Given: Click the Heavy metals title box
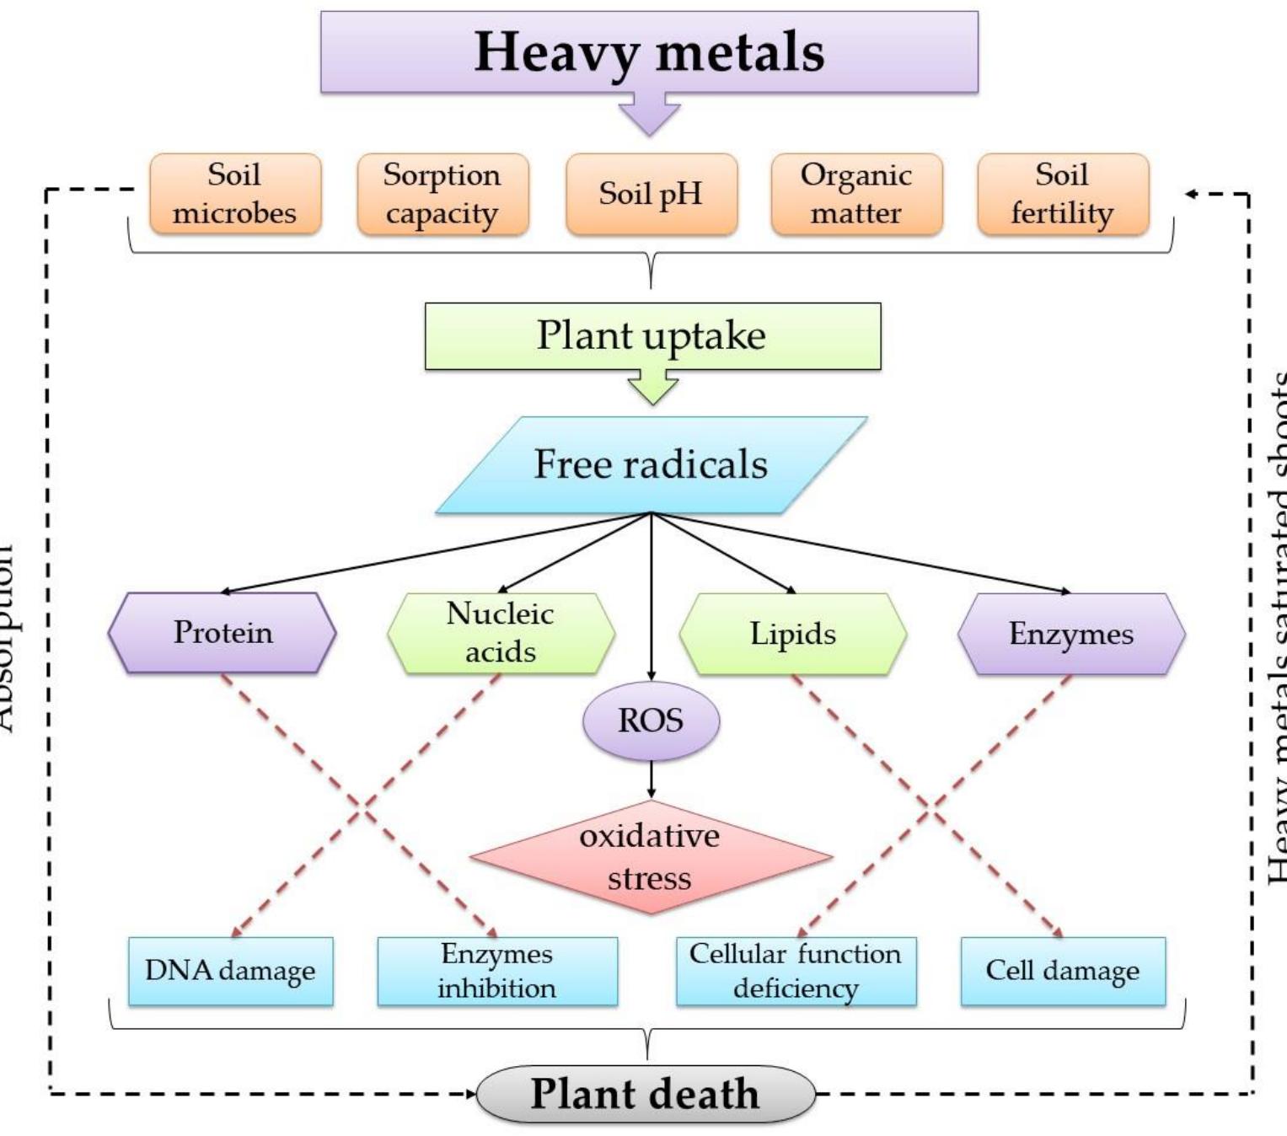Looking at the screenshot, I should (x=649, y=52).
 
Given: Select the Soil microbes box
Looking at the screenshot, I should (x=235, y=194).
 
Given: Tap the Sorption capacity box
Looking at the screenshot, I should (x=442, y=194).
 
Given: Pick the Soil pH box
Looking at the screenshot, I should (x=651, y=194).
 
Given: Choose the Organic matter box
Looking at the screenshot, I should (x=856, y=194).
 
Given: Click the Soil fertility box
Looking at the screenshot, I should (x=1063, y=194).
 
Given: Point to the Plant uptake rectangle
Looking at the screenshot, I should (x=652, y=336).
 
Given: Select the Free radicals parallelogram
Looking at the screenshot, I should (x=651, y=465).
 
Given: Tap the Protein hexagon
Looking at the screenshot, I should (x=223, y=633).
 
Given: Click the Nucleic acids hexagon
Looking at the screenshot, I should (x=501, y=633).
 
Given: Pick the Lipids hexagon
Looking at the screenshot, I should (x=793, y=634).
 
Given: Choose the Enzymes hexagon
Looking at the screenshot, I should (x=1071, y=634).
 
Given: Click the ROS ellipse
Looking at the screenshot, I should (x=651, y=721).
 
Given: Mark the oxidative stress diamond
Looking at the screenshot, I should (x=650, y=857).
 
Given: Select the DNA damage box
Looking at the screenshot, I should (x=230, y=971).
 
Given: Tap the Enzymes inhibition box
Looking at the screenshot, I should (x=497, y=971).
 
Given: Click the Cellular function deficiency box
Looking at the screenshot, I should (x=796, y=971).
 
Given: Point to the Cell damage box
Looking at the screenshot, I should (x=1063, y=971).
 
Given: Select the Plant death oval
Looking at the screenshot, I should (x=646, y=1094).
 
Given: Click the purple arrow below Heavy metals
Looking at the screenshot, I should (x=649, y=114).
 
